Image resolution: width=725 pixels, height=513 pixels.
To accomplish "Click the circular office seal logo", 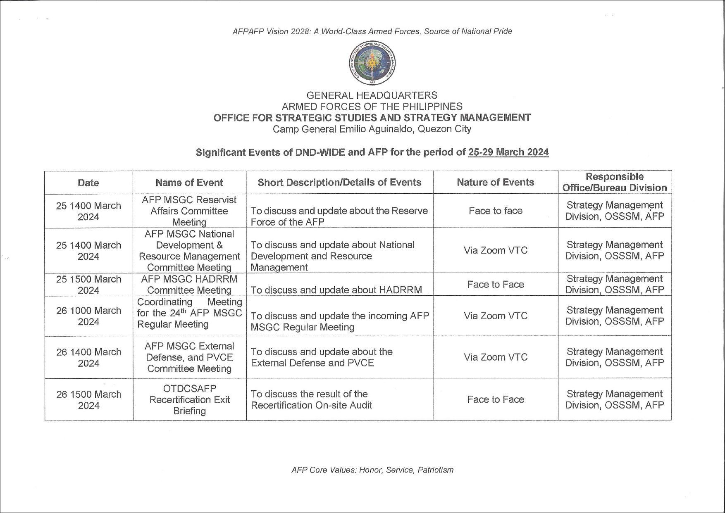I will point(372,63).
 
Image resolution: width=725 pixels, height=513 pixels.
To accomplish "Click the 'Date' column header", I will point(88,183).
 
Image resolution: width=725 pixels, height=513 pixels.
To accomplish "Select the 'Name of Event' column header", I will point(189,183).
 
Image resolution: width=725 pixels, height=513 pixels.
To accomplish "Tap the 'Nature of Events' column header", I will point(495,182).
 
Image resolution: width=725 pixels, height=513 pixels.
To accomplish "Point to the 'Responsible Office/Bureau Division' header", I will point(614,182).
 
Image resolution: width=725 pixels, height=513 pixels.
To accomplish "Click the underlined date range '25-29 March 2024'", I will point(508,152).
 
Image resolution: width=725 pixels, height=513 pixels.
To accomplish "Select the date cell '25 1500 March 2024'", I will point(88,285).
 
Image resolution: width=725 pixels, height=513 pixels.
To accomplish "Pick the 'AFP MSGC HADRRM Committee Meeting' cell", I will point(189,285).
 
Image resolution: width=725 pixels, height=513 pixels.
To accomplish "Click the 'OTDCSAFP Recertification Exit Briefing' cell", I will point(189,399).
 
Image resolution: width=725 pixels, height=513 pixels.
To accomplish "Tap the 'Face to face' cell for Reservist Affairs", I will point(495,211).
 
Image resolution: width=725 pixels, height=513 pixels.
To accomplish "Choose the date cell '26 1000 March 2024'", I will point(88,316).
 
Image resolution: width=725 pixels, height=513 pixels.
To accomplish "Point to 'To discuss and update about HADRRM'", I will point(336,290).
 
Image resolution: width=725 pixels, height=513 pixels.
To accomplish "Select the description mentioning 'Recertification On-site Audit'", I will point(311,399).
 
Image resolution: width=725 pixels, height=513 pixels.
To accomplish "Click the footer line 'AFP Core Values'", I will point(372,470).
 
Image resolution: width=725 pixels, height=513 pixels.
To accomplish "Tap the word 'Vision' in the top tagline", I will point(277,31).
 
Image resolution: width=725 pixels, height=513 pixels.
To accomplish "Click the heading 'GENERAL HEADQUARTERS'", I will point(372,95).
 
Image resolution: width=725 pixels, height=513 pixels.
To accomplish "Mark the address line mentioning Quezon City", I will point(372,129).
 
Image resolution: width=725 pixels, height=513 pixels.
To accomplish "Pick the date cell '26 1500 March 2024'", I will point(88,399).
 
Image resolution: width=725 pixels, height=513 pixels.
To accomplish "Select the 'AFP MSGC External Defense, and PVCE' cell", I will point(189,357).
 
